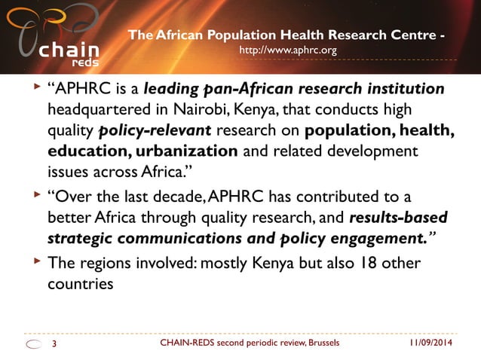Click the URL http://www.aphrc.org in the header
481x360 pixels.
click(x=287, y=50)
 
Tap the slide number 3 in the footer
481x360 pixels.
click(x=54, y=343)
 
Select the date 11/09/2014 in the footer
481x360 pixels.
click(x=437, y=343)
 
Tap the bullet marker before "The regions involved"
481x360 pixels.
click(x=35, y=263)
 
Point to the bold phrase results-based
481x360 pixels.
click(x=398, y=218)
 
